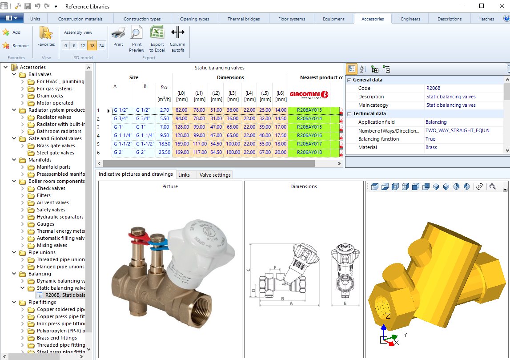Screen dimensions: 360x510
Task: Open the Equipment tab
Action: (333, 19)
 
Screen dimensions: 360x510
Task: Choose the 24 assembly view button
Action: (101, 45)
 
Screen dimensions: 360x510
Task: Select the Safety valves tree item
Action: (51, 210)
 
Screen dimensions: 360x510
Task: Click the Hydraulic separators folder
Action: (60, 217)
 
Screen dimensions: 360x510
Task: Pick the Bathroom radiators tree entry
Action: (59, 131)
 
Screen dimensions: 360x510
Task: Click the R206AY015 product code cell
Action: (309, 127)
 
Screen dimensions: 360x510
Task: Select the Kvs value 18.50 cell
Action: (164, 144)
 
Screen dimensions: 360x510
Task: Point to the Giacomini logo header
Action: (309, 94)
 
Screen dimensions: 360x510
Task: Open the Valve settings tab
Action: (215, 175)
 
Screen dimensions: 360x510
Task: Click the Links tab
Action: (184, 175)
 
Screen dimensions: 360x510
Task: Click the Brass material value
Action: (431, 147)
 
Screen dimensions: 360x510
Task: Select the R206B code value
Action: (433, 88)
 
